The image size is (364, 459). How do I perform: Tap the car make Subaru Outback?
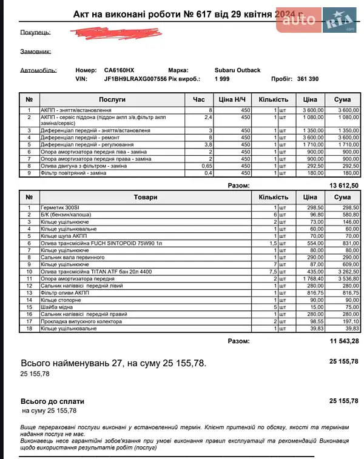[237, 70]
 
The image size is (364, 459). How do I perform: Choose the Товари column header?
[145, 197]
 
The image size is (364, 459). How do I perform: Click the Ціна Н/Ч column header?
[233, 99]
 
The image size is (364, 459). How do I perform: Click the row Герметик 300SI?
[60, 208]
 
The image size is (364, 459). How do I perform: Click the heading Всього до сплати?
[53, 401]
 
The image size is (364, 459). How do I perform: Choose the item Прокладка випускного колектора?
[81, 321]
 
